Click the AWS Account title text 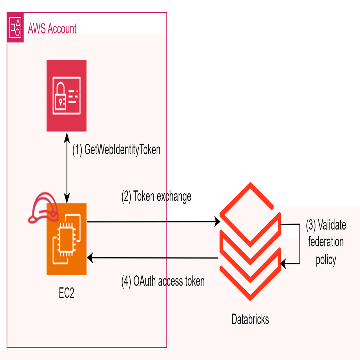[52, 29]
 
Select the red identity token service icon [66, 95]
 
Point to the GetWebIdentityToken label [116, 150]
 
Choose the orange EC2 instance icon [66, 239]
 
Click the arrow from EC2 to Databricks [152, 222]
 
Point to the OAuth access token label [163, 281]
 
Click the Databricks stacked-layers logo [250, 241]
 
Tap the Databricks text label [250, 319]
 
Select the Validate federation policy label [326, 242]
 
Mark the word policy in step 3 [326, 260]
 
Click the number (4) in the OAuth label [126, 281]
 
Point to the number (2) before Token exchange [126, 196]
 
